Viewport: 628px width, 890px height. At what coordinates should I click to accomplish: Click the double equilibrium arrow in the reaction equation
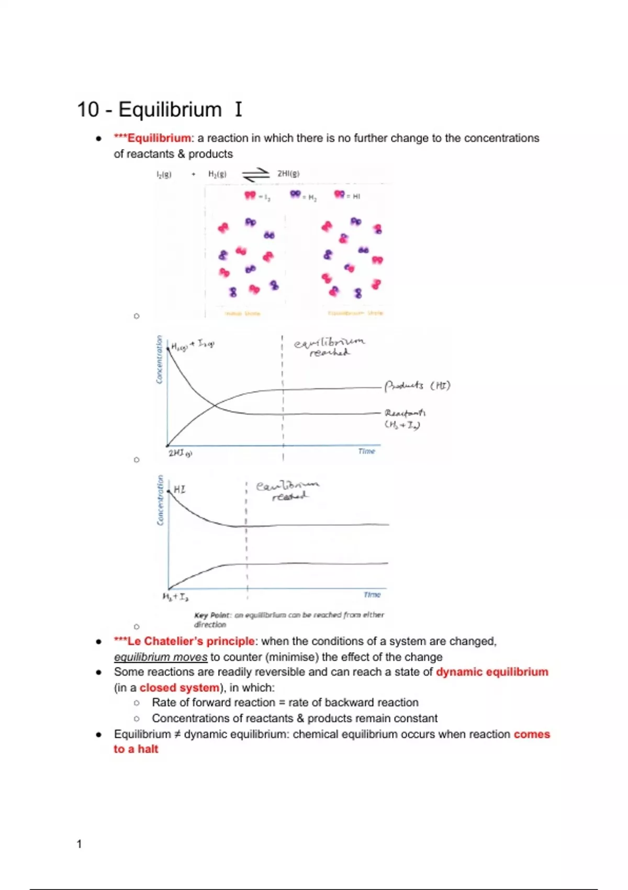[x=255, y=175]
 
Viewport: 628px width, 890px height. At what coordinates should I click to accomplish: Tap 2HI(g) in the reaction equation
[x=288, y=174]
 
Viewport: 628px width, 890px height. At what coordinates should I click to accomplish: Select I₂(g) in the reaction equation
[x=164, y=175]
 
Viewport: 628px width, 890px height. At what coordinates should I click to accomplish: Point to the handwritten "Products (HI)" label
[x=417, y=386]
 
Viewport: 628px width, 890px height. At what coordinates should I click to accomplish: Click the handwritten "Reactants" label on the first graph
[x=405, y=413]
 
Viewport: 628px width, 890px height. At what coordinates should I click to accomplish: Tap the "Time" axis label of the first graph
[x=366, y=451]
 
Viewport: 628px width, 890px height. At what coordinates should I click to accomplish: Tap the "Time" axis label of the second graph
[x=372, y=595]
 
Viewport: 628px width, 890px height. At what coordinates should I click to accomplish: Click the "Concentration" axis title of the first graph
[x=160, y=360]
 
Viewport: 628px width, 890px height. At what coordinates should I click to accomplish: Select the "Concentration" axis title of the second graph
[x=160, y=500]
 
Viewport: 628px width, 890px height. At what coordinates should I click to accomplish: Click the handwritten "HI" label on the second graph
[x=180, y=489]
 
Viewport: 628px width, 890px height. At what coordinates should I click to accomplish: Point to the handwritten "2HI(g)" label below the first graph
[x=180, y=453]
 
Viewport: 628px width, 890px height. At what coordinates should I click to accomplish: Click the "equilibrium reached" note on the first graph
[x=329, y=347]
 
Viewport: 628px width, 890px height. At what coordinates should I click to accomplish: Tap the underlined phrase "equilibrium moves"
[x=161, y=657]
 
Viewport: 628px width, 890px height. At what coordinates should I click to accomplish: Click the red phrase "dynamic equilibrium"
[x=492, y=672]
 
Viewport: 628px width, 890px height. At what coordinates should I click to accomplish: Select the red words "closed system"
[x=180, y=688]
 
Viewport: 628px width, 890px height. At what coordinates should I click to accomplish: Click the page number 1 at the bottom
[x=79, y=844]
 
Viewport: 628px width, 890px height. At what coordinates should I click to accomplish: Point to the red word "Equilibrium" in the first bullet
[x=159, y=138]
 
